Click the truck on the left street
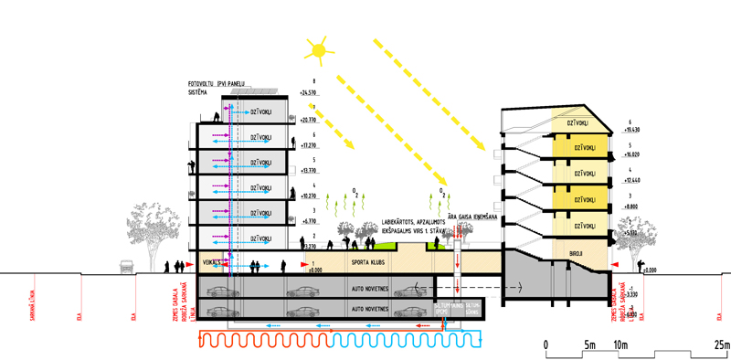coord(128,266)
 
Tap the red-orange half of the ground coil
coord(261,341)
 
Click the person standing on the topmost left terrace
coord(217,117)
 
